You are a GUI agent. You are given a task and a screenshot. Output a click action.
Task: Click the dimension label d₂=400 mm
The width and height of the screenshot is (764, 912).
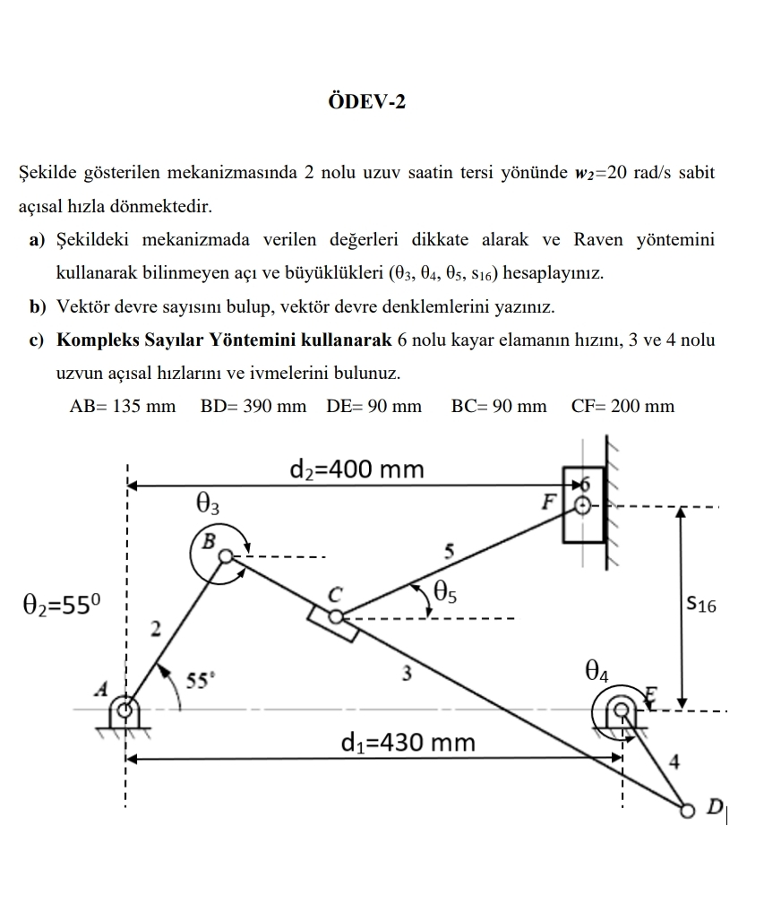[x=357, y=469]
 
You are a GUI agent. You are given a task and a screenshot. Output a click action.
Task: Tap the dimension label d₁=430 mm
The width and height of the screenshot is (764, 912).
[x=408, y=743]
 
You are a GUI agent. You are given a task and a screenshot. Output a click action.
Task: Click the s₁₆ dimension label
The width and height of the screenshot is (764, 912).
[x=701, y=605]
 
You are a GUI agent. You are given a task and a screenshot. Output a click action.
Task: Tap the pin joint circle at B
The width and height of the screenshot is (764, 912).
[x=226, y=556]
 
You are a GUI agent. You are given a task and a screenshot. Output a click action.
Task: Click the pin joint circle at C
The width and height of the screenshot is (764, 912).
[x=335, y=616]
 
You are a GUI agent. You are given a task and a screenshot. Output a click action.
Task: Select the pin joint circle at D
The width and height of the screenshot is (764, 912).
[x=687, y=810]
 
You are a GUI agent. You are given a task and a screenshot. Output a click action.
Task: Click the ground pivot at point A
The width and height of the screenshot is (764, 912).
[x=125, y=710]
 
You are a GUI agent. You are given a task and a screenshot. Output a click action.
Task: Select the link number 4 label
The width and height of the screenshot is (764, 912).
[x=674, y=762]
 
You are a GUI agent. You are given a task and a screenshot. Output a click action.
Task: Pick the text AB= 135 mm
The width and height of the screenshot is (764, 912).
[x=123, y=406]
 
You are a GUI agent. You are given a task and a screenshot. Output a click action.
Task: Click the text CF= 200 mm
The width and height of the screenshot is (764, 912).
[x=622, y=406]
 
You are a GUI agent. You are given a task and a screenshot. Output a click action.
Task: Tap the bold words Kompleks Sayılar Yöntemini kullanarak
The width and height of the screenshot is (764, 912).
[x=224, y=340]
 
